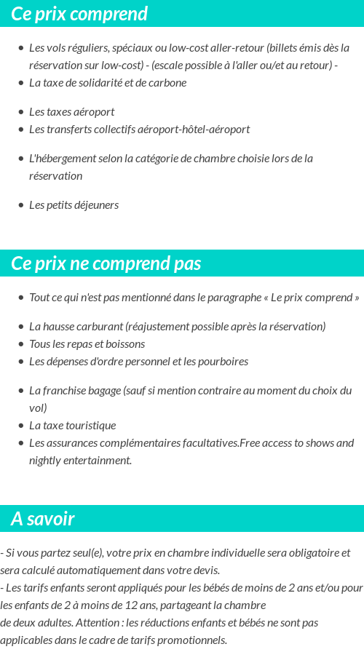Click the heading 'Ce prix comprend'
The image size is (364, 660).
click(79, 14)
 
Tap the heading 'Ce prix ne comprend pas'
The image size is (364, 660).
click(106, 263)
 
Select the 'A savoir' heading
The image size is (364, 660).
click(43, 519)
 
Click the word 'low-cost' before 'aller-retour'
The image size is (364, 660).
click(188, 48)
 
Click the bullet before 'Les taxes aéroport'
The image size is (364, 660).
click(21, 112)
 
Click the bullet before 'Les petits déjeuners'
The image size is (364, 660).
click(21, 205)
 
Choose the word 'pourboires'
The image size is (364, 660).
click(223, 362)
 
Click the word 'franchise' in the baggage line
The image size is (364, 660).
click(65, 391)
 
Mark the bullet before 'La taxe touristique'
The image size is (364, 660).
click(21, 426)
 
